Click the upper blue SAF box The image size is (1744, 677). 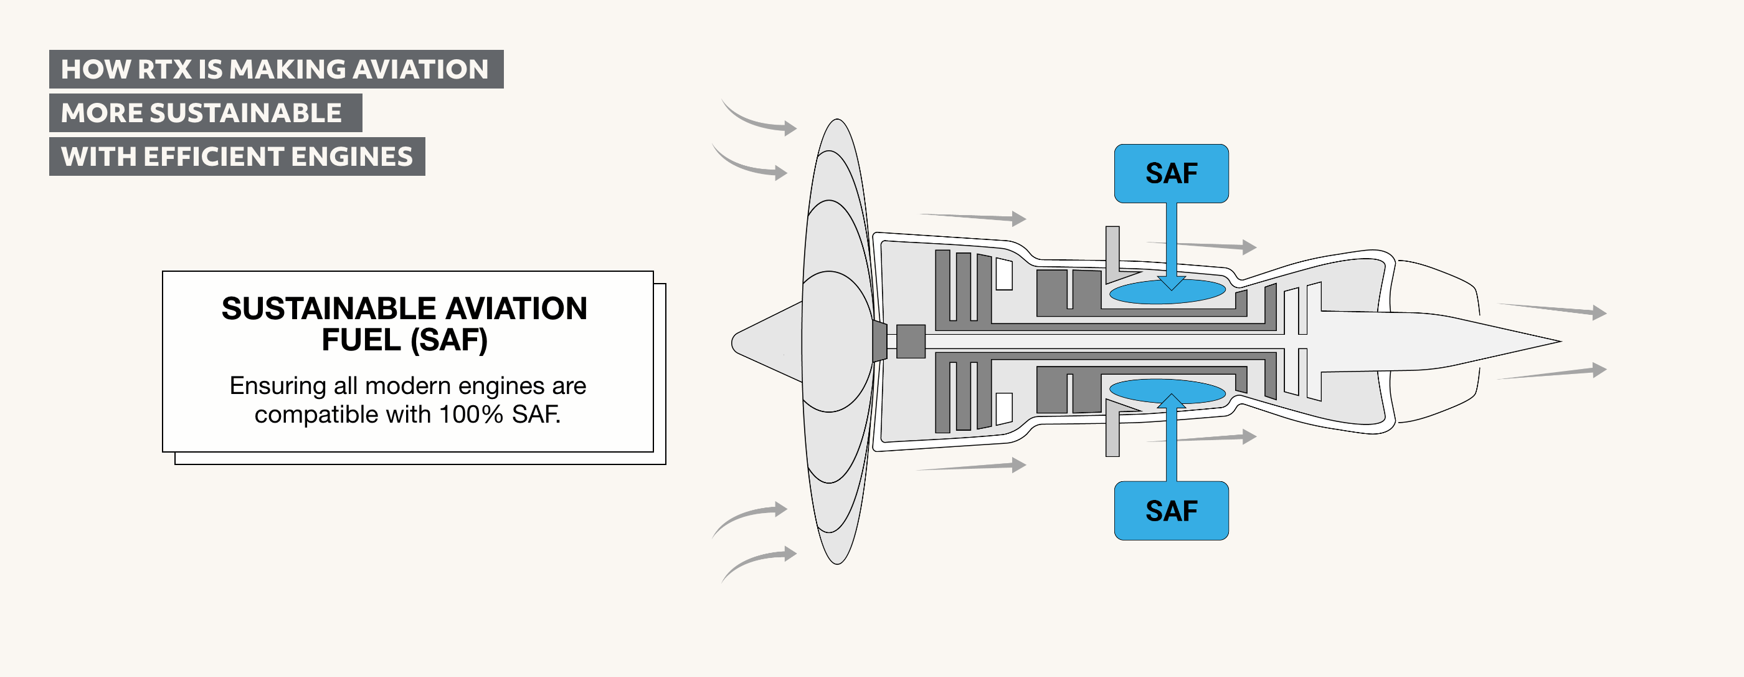tap(1170, 173)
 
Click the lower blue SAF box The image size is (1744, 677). tap(1170, 511)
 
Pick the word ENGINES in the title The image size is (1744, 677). tap(351, 156)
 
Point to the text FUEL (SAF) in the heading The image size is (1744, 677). tap(404, 340)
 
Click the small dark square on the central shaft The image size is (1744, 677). tap(911, 342)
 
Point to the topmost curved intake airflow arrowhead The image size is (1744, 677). tap(790, 127)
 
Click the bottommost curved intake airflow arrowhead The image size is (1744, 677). tap(790, 554)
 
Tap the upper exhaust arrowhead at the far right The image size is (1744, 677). tap(1599, 312)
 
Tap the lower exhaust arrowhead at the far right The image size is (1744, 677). tap(1599, 369)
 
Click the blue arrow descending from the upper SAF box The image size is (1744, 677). tap(1171, 244)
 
